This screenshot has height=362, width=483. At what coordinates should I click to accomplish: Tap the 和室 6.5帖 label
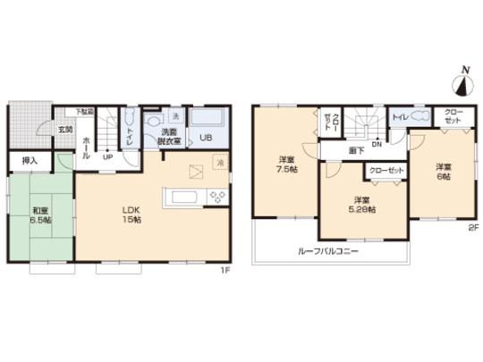point(38,215)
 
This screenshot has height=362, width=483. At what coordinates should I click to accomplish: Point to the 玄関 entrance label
point(65,130)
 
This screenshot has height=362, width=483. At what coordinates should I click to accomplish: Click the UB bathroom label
point(205,139)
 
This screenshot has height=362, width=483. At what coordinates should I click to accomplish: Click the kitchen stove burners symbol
point(216,197)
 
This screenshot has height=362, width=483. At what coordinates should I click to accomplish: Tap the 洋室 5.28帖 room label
point(362,204)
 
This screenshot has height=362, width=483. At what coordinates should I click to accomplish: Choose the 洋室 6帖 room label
point(443,171)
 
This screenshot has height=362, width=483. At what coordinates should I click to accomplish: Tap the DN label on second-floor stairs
point(377,145)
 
